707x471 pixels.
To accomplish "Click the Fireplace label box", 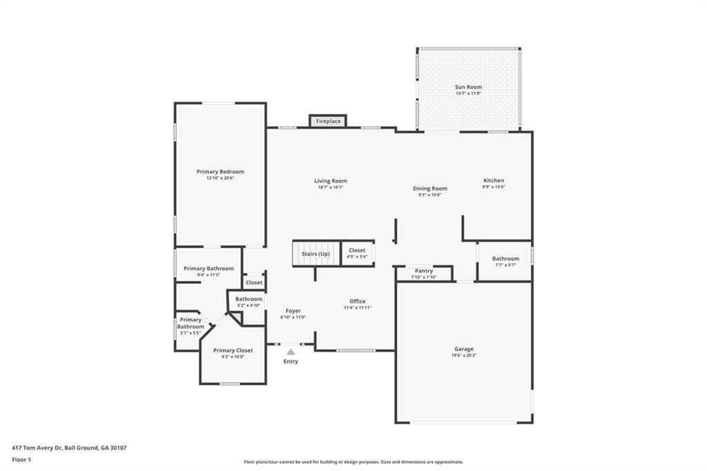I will click(328, 122).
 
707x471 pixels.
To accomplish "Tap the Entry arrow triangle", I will click(291, 352).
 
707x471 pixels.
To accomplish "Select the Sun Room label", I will click(468, 88).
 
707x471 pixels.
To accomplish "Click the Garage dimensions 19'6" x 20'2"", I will click(464, 356).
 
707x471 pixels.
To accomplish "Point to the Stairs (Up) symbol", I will click(316, 253).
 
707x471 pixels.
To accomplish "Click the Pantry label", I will click(424, 271).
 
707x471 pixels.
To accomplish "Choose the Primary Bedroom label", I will click(220, 172).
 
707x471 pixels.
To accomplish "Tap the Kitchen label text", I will click(494, 181).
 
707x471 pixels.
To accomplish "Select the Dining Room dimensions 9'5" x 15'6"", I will click(429, 195).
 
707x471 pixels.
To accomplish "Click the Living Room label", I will click(331, 181).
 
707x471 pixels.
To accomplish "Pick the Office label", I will click(357, 301).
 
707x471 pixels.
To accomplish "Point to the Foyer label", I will click(293, 311).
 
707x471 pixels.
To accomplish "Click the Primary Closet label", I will click(233, 350).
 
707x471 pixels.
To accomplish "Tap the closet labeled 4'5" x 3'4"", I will click(357, 253).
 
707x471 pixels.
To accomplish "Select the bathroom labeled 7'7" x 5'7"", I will click(505, 262).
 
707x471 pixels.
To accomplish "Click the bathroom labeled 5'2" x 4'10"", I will click(249, 302).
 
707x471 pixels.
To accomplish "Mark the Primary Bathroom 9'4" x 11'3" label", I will click(209, 271).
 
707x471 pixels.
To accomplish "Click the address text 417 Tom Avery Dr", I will click(69, 448).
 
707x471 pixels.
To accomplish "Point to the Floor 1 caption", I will click(21, 459).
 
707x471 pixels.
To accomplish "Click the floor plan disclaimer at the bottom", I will click(353, 462).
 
